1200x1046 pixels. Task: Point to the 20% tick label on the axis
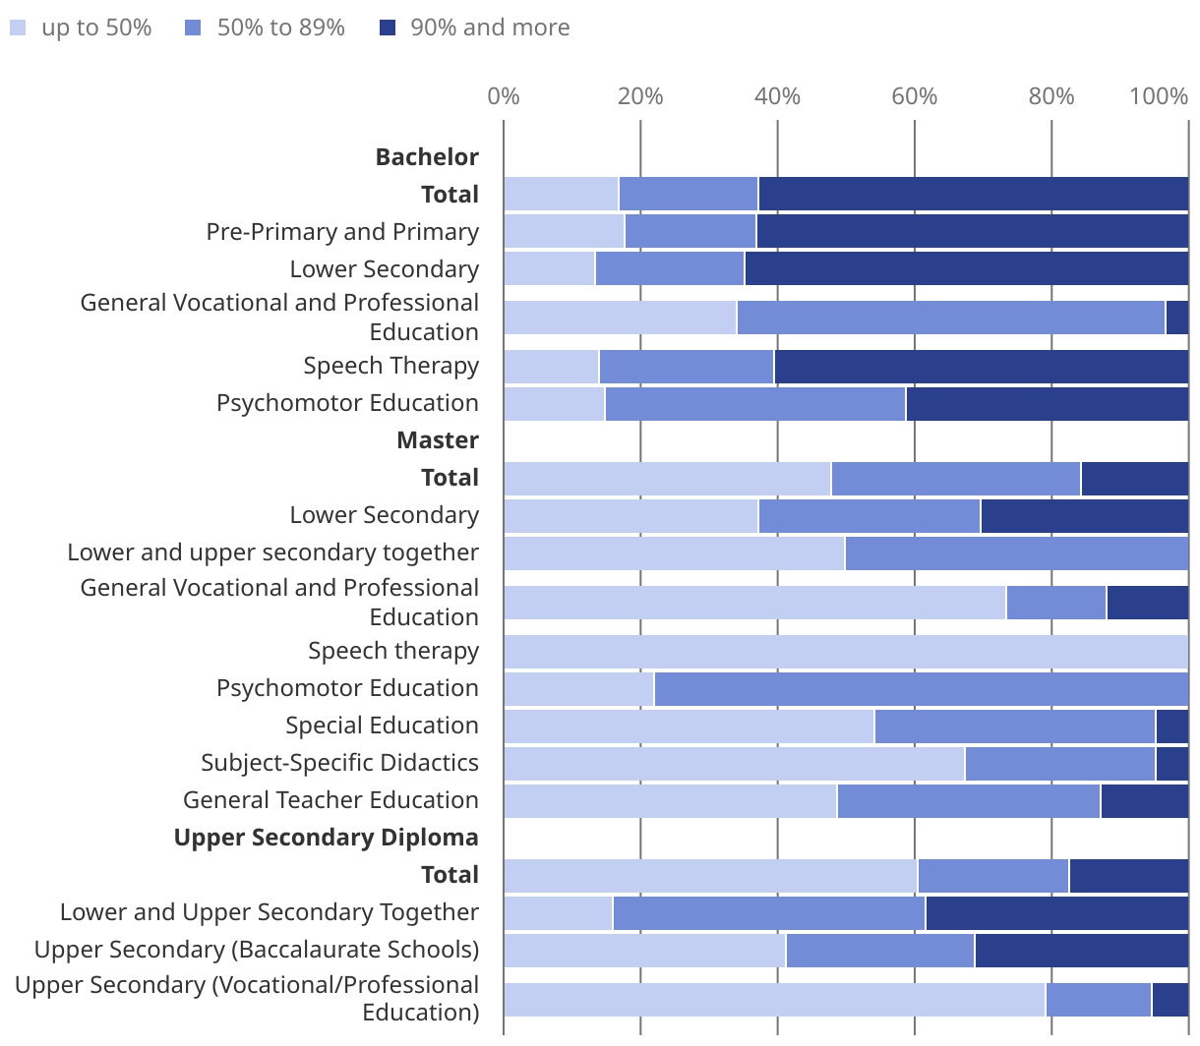point(640,96)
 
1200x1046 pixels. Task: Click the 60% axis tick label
point(914,96)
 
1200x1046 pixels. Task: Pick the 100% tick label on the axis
point(1159,96)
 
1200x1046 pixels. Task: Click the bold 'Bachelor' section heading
point(427,157)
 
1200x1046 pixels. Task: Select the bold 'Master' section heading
point(438,440)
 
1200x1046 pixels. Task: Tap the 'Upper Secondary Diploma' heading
point(327,838)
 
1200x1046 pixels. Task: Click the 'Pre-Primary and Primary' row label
point(342,232)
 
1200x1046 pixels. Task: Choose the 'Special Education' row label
point(382,726)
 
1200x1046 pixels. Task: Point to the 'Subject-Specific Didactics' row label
point(339,763)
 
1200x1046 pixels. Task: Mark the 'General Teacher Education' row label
point(330,800)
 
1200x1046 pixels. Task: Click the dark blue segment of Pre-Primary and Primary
point(972,232)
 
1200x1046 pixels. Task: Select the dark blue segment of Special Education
point(1171,726)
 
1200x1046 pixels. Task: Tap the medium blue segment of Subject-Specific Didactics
point(1059,764)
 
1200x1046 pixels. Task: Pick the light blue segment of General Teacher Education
point(670,801)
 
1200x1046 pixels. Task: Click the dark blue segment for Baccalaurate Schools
point(1081,951)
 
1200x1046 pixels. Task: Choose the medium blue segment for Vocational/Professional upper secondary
point(1098,1000)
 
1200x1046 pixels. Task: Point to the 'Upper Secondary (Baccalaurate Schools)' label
point(257,950)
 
